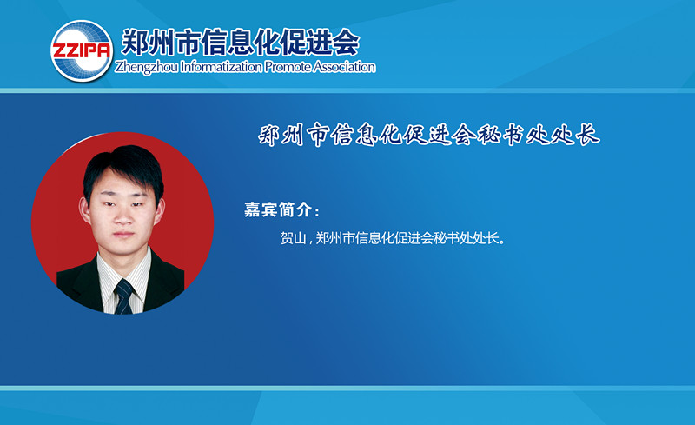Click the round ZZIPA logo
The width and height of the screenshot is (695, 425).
[82, 51]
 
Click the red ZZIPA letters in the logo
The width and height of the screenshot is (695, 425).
[82, 50]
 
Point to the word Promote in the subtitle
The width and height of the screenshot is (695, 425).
[288, 67]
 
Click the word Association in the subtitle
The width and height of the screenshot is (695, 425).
[344, 67]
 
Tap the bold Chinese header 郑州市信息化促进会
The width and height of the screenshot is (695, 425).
[241, 42]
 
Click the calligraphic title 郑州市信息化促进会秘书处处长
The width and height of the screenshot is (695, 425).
[428, 135]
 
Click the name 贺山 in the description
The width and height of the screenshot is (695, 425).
[293, 238]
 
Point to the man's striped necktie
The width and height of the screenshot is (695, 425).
[124, 296]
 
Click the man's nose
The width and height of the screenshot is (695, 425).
[123, 216]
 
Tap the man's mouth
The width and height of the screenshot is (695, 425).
[123, 235]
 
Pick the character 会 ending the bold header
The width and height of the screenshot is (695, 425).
[344, 42]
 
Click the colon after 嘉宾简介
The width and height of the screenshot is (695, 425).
[316, 211]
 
